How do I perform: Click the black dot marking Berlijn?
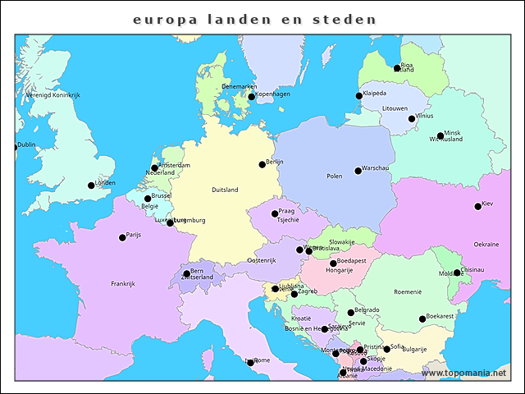(x=262, y=164)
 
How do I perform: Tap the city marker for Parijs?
(x=122, y=237)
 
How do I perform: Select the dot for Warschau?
(x=358, y=171)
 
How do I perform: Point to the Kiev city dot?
(x=477, y=206)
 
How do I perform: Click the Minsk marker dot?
(x=441, y=135)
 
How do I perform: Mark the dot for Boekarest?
(x=422, y=318)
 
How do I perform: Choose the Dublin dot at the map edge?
(x=16, y=148)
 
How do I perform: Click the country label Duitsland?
(x=225, y=190)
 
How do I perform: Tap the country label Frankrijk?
(x=122, y=284)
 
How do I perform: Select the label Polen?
(x=335, y=176)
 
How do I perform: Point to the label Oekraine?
(x=486, y=245)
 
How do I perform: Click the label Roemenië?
(x=407, y=291)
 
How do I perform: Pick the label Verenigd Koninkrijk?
(x=52, y=95)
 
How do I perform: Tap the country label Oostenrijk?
(x=262, y=260)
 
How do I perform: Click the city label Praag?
(x=286, y=211)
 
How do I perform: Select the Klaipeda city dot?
(x=358, y=96)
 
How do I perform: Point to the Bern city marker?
(x=186, y=273)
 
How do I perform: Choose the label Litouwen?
(x=395, y=108)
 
